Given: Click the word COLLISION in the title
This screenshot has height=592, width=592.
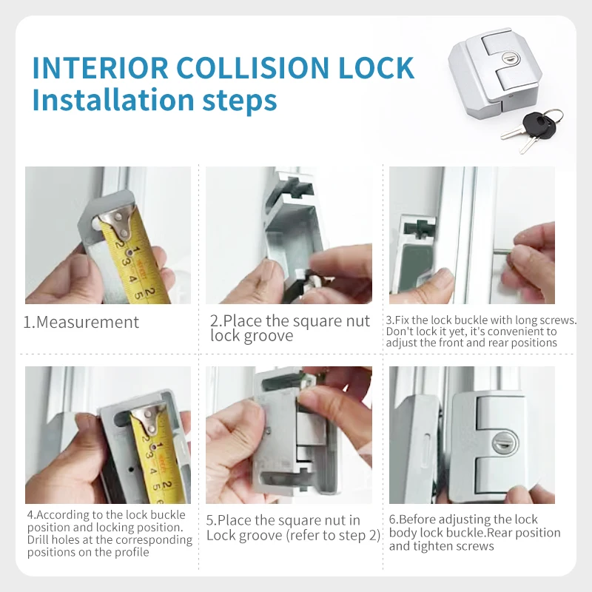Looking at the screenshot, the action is pyautogui.click(x=252, y=67).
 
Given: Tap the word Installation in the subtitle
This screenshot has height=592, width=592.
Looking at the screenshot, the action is pyautogui.click(x=113, y=100).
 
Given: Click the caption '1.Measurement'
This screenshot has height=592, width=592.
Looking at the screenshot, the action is pyautogui.click(x=81, y=322).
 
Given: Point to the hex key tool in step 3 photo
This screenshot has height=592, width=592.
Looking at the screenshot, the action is pyautogui.click(x=502, y=252).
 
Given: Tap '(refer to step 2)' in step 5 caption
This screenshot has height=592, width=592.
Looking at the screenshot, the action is pyautogui.click(x=333, y=535).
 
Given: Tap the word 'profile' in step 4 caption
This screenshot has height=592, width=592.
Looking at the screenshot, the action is pyautogui.click(x=132, y=552).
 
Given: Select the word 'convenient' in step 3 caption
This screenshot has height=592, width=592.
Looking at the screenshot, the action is pyautogui.click(x=511, y=332).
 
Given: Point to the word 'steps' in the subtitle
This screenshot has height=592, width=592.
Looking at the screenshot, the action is pyautogui.click(x=240, y=101).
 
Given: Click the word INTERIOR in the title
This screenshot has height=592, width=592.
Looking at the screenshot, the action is pyautogui.click(x=100, y=67).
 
